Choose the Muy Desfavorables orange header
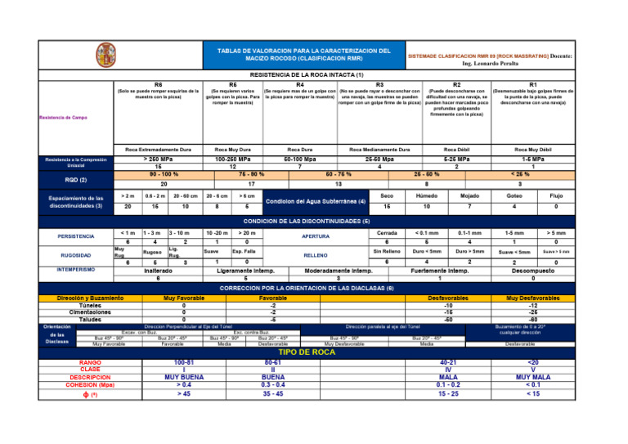pyautogui.click(x=532, y=298)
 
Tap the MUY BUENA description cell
pyautogui.click(x=184, y=378)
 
